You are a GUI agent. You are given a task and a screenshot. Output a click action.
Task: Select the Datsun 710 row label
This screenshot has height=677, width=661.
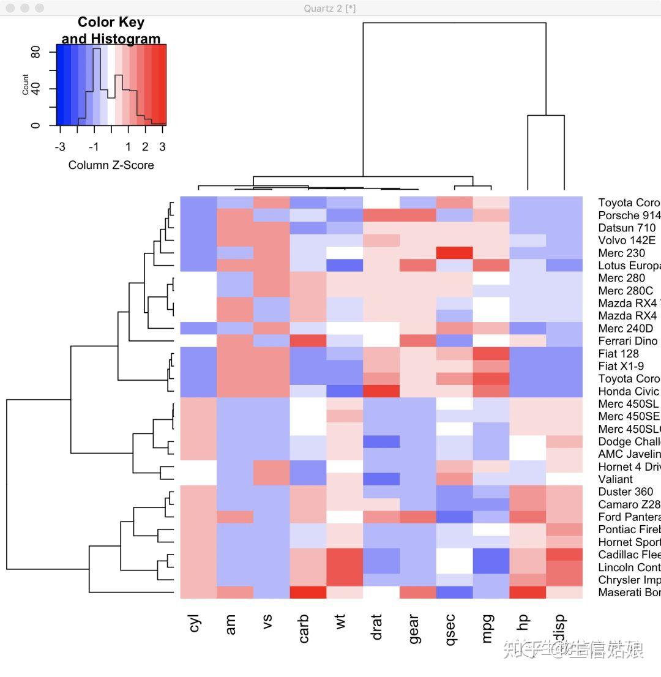[627, 228]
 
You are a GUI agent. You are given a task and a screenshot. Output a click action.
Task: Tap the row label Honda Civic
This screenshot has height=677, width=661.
[629, 391]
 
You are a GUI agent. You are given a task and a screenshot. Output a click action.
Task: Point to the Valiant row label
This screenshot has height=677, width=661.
[616, 479]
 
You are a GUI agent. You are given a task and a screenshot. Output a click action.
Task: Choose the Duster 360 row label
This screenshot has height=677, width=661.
[626, 492]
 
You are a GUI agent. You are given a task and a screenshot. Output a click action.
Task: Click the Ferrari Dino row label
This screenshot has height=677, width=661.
[628, 341]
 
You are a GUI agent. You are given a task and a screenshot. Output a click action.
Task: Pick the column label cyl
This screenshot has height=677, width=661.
[195, 624]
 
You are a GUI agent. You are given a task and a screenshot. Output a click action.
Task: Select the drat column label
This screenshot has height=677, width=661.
[377, 628]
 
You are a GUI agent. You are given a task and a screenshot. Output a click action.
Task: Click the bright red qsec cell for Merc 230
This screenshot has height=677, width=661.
[454, 253]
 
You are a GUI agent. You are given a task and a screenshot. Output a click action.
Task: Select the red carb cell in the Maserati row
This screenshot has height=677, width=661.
[308, 593]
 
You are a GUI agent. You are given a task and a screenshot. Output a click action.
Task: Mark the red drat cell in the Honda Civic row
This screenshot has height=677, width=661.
[381, 391]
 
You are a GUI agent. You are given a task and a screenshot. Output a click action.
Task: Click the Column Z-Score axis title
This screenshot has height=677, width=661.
[111, 165]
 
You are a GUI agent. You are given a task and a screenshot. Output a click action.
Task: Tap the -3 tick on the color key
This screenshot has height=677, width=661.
[60, 147]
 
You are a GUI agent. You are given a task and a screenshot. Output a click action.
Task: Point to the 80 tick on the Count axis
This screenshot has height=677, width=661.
[35, 53]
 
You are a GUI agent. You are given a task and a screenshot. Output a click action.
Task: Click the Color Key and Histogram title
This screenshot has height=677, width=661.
[111, 31]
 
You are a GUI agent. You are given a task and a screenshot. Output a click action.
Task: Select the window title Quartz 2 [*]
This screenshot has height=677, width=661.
[330, 8]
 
